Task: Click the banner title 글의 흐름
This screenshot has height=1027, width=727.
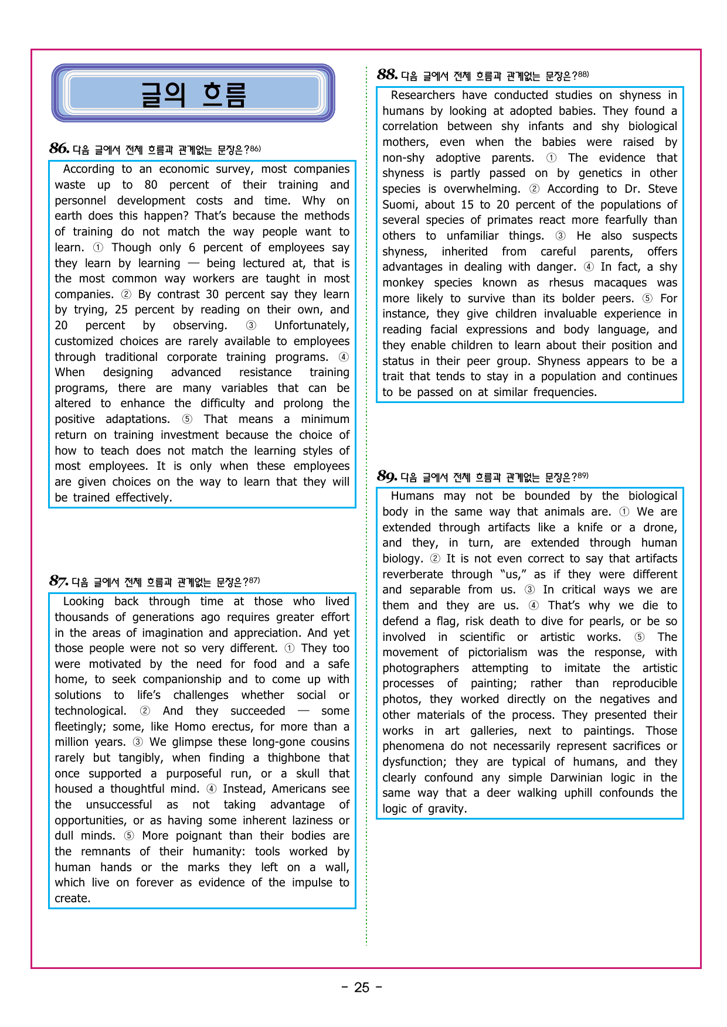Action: click(193, 94)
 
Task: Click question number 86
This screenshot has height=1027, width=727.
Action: click(59, 148)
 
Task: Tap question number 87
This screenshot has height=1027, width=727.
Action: click(59, 581)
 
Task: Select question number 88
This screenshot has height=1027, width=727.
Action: click(387, 74)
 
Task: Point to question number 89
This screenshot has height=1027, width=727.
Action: click(387, 476)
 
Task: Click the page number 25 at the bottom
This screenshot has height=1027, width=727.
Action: click(362, 988)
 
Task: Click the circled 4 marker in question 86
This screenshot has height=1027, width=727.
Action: click(344, 357)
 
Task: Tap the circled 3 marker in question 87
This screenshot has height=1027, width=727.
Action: click(138, 742)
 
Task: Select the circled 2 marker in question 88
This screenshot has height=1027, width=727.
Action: click(534, 189)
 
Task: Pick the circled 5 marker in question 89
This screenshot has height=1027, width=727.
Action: click(640, 637)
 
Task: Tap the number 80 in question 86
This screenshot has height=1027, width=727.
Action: click(151, 185)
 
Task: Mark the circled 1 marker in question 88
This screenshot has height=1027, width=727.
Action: click(551, 158)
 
